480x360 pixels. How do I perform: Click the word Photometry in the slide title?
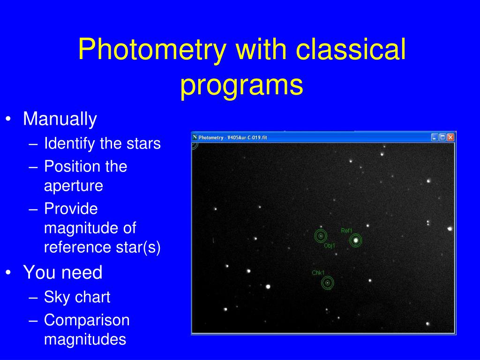point(152,49)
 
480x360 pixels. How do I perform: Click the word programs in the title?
point(241,85)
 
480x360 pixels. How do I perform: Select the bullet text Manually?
point(60,120)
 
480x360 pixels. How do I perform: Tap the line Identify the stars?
point(102,143)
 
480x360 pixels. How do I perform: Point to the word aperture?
point(74,186)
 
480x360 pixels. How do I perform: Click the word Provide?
point(71,209)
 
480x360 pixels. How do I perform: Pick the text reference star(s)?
point(102,247)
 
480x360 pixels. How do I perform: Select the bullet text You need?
point(63,272)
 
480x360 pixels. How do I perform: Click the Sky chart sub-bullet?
point(77,297)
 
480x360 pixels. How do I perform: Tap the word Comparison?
point(87,320)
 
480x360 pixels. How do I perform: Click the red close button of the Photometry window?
point(450,137)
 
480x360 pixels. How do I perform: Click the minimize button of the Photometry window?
point(435,137)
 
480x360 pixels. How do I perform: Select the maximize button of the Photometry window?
point(442,137)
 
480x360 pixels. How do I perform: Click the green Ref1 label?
point(346,231)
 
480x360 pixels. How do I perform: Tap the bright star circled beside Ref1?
point(356,240)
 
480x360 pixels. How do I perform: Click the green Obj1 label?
point(330,246)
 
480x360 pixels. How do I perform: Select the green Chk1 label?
point(318,273)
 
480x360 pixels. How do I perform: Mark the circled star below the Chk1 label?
point(328,283)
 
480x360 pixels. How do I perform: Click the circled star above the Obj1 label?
point(321,236)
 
